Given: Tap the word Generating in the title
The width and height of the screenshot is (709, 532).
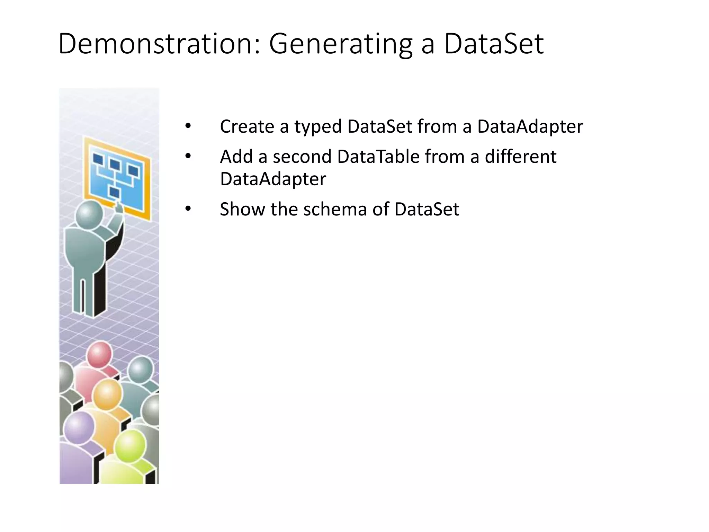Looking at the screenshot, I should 341,44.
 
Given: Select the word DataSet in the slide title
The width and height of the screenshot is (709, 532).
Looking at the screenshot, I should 494,44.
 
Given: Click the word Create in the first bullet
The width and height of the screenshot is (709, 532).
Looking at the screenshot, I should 247,126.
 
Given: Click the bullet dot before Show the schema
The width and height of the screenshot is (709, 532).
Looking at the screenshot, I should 188,209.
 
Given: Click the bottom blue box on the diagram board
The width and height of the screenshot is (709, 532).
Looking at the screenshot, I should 115,193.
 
